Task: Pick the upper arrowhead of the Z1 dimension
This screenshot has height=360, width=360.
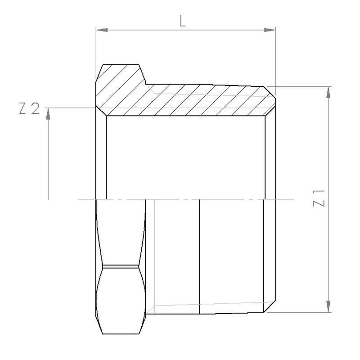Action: click(330, 92)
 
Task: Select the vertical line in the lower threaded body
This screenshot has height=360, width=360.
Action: click(199, 256)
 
